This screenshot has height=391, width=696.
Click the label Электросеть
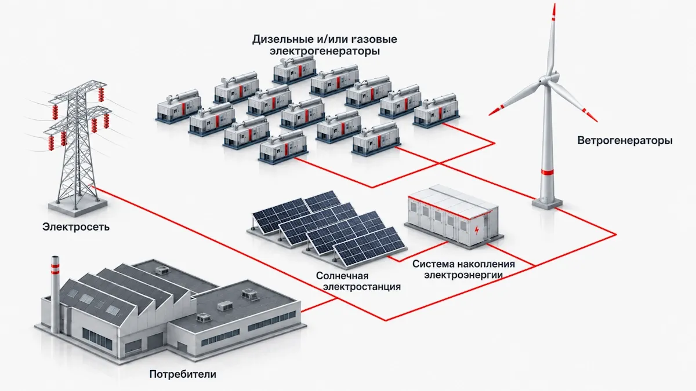76,227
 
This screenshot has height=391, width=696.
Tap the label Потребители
183,374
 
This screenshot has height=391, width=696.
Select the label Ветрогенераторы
625,141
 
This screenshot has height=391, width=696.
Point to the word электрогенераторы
325,51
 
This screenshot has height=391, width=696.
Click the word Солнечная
342,276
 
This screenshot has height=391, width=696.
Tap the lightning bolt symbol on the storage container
477,231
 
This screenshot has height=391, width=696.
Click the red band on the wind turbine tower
547,172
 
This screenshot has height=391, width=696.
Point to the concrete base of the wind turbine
547,203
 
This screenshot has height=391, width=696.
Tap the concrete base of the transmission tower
78,206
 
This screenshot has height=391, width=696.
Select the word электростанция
362,287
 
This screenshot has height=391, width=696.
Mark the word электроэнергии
464,275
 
